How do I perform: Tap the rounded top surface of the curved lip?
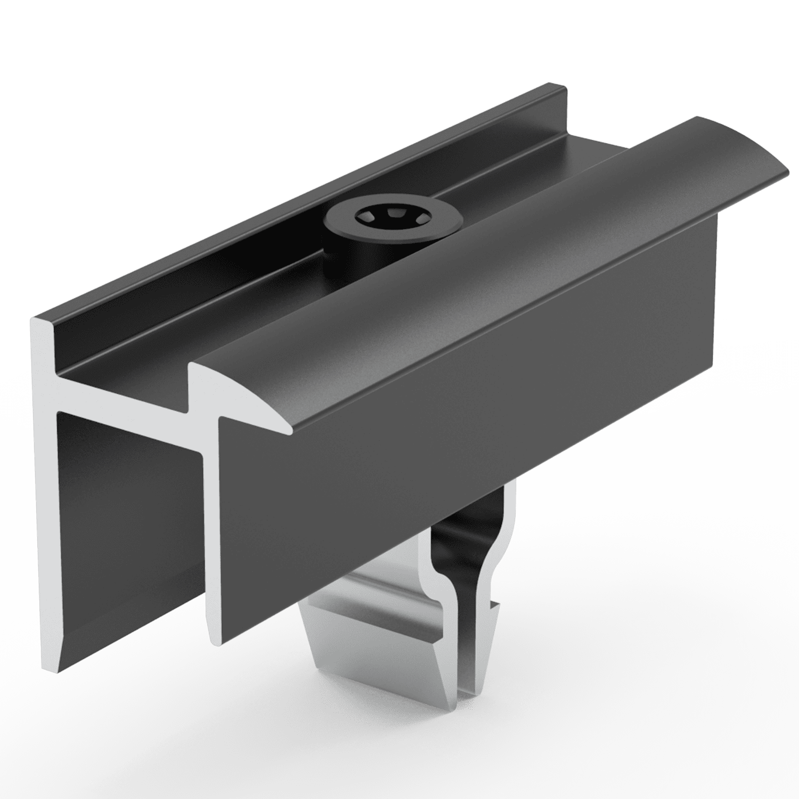[479, 266]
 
